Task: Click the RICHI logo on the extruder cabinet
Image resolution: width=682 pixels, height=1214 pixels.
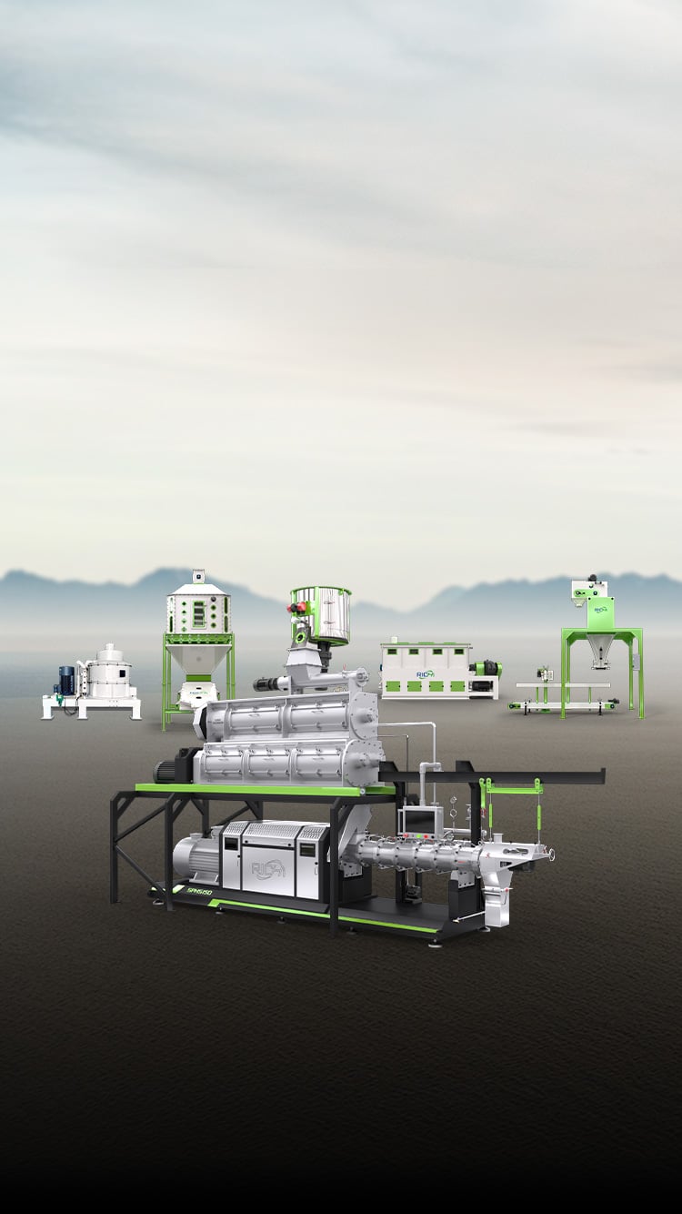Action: pyautogui.click(x=270, y=868)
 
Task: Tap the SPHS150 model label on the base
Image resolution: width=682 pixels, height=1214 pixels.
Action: pyautogui.click(x=198, y=892)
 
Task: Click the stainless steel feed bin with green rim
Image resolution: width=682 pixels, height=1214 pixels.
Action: pyautogui.click(x=321, y=614)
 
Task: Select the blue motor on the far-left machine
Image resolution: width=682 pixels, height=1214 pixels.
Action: pyautogui.click(x=66, y=679)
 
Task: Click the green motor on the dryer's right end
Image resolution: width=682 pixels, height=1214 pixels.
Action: pyautogui.click(x=486, y=669)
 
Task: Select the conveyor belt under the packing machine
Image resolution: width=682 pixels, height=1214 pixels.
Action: pyautogui.click(x=564, y=703)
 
